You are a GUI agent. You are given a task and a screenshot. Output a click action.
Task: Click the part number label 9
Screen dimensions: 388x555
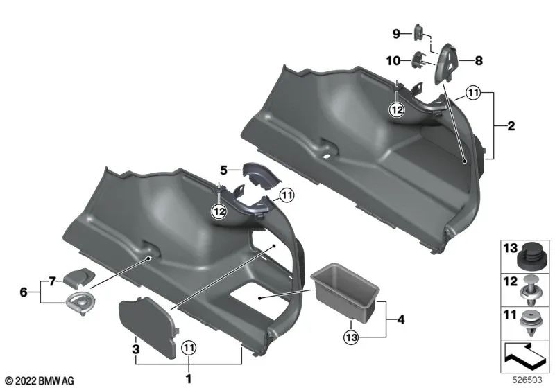(x=396, y=33)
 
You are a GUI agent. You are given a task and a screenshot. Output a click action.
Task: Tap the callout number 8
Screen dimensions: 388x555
(x=478, y=61)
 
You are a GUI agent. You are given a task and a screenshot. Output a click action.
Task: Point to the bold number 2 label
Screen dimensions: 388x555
(x=511, y=126)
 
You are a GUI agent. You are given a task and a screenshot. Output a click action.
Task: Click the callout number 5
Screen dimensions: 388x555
(x=223, y=169)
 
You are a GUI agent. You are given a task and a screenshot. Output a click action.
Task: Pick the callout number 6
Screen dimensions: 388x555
(x=24, y=292)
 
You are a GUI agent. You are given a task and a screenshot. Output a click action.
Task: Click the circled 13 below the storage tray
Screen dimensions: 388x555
(x=352, y=337)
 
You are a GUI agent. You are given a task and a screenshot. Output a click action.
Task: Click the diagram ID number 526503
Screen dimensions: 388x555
(x=530, y=380)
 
